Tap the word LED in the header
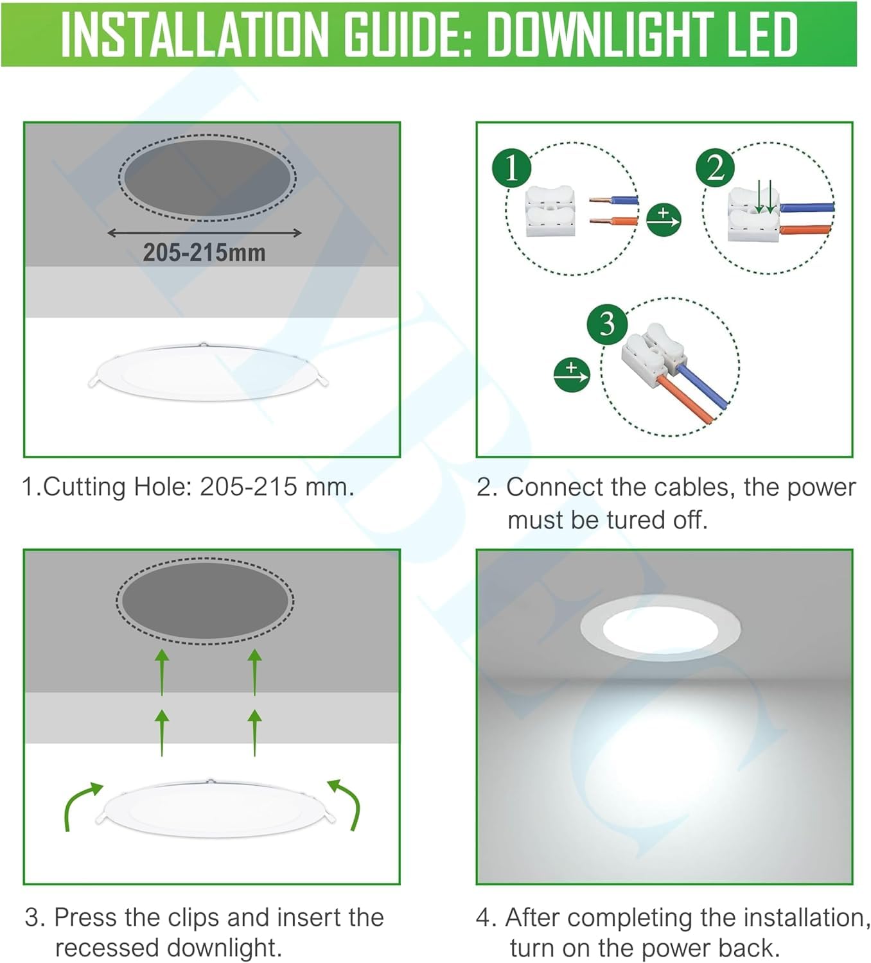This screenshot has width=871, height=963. pos(762,35)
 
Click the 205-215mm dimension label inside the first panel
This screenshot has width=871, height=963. pos(204,252)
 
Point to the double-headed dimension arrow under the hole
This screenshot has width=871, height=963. pos(204,233)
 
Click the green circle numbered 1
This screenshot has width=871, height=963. pos(512,168)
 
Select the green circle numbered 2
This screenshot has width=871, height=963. pos(716,168)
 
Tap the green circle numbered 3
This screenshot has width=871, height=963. pos(607,324)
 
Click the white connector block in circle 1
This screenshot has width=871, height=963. pos(550,212)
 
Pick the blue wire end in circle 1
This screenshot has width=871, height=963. pos(614,200)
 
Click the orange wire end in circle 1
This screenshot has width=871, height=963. pos(614,221)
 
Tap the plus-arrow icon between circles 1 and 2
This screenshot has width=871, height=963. pos(664,220)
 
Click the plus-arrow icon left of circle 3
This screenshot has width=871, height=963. pos(571,374)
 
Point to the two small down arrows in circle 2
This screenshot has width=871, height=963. pos(765,196)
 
